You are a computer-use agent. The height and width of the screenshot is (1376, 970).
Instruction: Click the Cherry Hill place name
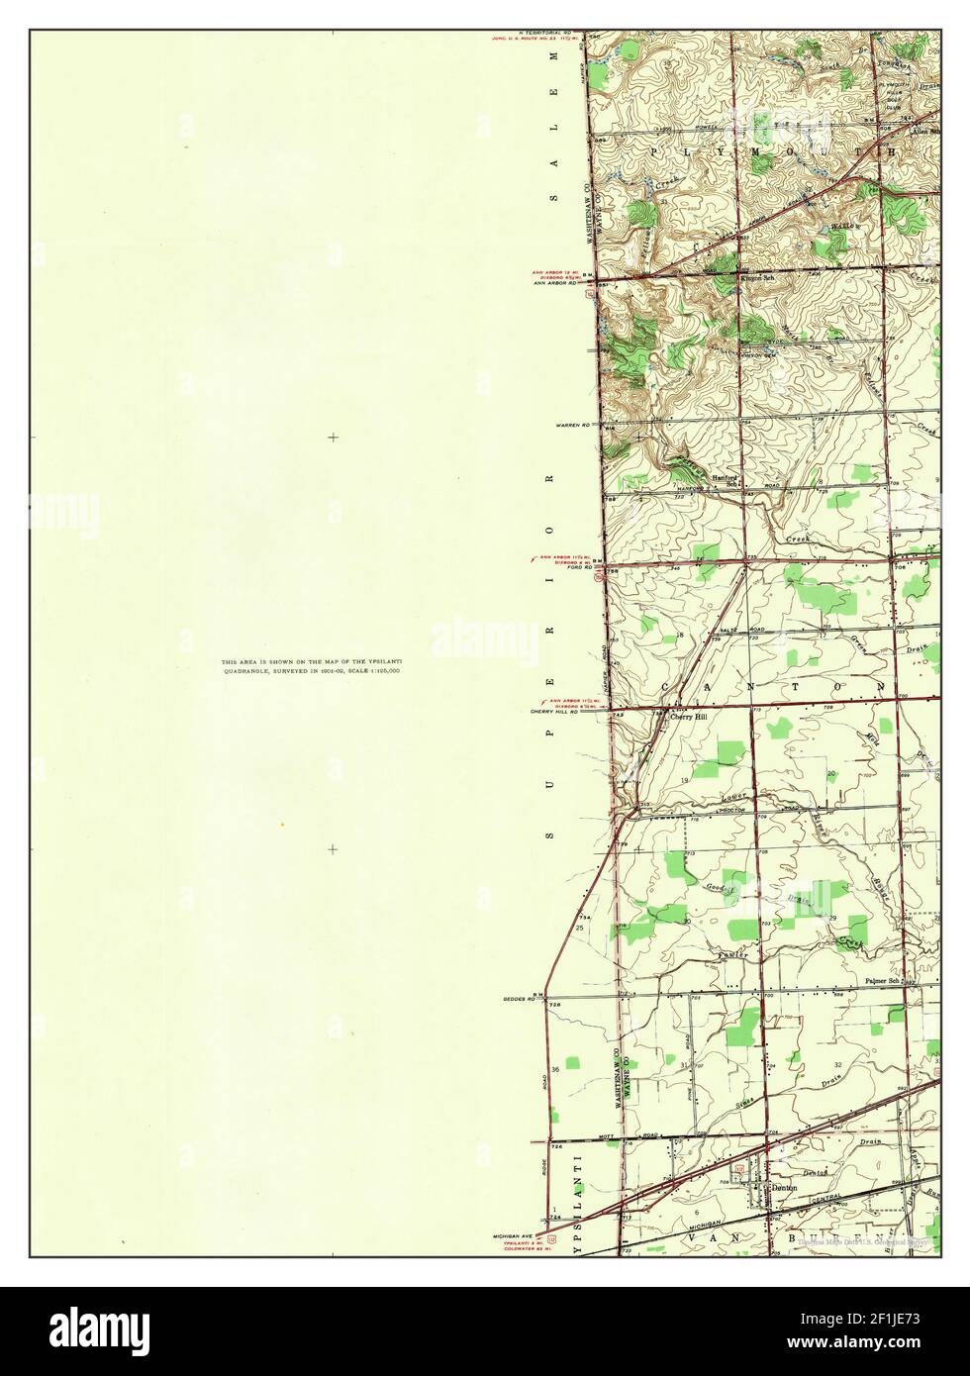pyautogui.click(x=690, y=718)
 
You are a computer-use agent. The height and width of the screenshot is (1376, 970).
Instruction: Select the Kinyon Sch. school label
pyautogui.click(x=757, y=278)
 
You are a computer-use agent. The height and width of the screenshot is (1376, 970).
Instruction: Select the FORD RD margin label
pyautogui.click(x=576, y=568)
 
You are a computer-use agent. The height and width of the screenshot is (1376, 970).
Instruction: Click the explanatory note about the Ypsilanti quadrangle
pyautogui.click(x=311, y=666)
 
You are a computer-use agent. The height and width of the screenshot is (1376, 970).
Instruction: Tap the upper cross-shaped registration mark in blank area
pyautogui.click(x=333, y=437)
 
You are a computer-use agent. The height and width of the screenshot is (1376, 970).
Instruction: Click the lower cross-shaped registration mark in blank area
pyautogui.click(x=333, y=848)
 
